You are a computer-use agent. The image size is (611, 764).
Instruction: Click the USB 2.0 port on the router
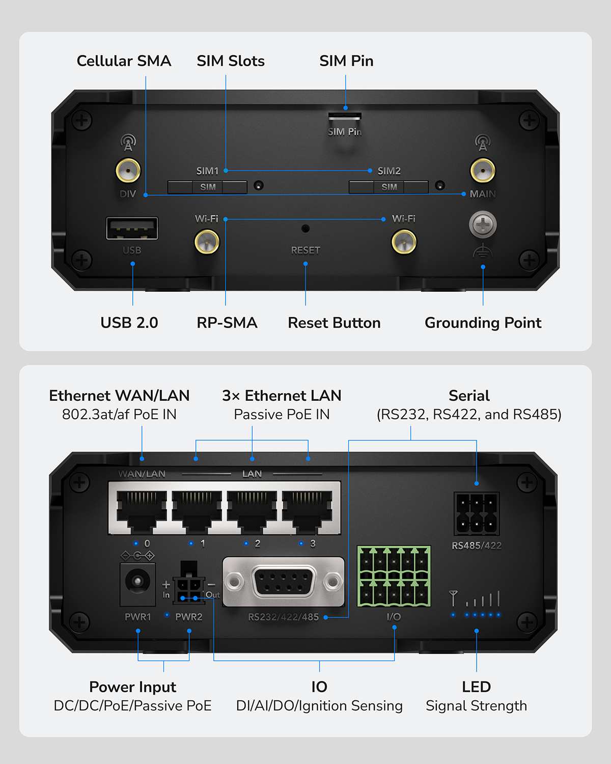point(132,228)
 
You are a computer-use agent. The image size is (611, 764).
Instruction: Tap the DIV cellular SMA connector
point(128,170)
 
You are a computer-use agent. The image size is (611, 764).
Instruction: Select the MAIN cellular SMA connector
point(482,170)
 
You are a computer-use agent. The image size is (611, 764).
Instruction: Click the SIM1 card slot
point(207,187)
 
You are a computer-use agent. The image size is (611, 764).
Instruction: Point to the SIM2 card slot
point(388,187)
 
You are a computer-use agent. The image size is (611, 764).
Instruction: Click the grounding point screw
point(482,225)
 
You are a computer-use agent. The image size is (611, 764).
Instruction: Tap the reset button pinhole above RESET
point(305,229)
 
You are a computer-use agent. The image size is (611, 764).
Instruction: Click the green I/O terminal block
point(394,576)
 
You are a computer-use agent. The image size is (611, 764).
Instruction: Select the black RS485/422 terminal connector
point(476,513)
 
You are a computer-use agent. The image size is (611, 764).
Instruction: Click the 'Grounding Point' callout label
point(483,323)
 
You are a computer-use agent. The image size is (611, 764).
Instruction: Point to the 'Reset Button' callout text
point(334,323)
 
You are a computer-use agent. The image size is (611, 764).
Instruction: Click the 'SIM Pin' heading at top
point(346,61)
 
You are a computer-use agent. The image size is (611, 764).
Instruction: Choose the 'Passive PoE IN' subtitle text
point(282,415)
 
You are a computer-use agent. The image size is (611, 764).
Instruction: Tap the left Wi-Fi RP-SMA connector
point(207,241)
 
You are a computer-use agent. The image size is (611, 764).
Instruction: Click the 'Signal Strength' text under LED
point(476,706)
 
